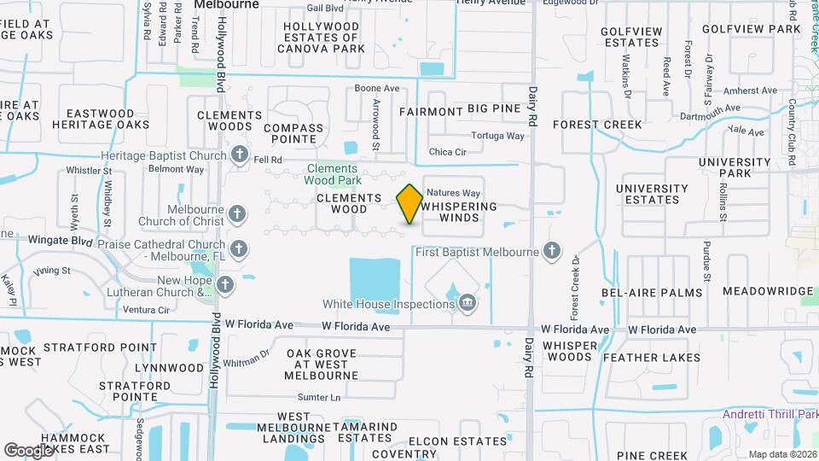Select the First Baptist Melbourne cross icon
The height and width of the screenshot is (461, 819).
(552, 251)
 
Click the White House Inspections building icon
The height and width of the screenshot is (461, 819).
(467, 303)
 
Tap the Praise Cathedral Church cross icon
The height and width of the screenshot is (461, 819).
(240, 249)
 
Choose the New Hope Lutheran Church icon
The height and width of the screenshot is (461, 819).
(225, 284)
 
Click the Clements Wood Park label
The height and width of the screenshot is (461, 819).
(333, 173)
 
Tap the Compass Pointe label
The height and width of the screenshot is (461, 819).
(293, 134)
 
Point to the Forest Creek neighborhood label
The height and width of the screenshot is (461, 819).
(597, 125)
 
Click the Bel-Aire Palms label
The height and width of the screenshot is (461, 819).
(652, 293)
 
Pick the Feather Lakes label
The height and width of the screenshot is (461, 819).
(652, 358)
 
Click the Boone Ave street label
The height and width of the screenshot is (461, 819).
(377, 89)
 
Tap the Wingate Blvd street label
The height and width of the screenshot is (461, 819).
(60, 240)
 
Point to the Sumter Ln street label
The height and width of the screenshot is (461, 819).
(318, 397)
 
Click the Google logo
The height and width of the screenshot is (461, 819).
(27, 450)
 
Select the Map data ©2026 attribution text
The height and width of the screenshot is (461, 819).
(781, 453)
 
